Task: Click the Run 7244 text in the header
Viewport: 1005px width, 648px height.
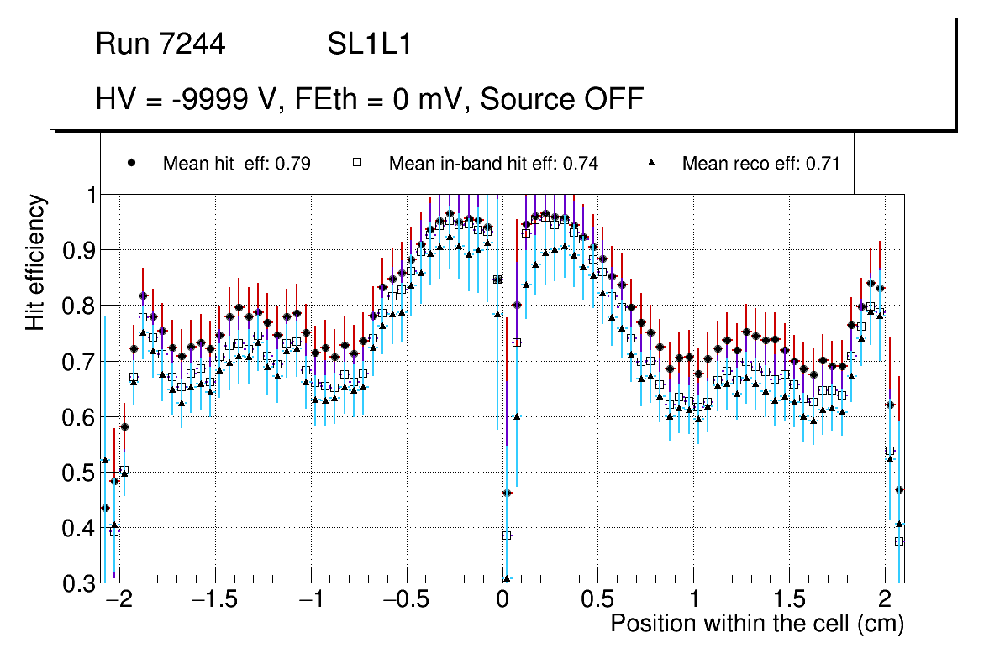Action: (x=160, y=44)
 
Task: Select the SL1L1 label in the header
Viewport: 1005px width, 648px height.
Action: (x=369, y=44)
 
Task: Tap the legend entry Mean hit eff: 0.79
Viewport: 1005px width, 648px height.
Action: (x=236, y=164)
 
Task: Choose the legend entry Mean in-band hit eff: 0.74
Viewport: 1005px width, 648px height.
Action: (x=493, y=164)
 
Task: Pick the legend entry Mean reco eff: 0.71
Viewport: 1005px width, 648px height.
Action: (x=760, y=164)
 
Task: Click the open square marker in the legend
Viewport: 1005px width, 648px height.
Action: (x=356, y=163)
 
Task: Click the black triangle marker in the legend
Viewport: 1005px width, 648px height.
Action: (x=651, y=163)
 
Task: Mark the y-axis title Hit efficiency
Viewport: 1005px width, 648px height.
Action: (x=35, y=262)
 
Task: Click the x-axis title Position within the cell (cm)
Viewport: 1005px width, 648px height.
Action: (x=757, y=624)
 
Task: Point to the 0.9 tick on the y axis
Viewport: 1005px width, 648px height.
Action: (x=79, y=250)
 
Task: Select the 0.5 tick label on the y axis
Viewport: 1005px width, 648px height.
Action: (x=79, y=473)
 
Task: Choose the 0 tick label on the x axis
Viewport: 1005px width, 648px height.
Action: (x=503, y=601)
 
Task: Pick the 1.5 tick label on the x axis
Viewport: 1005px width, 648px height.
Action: (x=788, y=601)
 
